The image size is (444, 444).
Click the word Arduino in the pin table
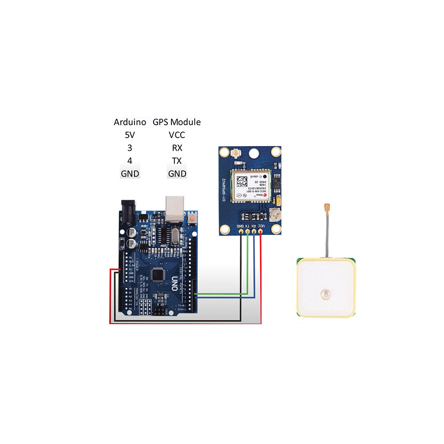point(130,122)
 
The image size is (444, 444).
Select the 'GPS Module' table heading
point(177,122)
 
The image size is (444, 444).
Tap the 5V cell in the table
point(130,135)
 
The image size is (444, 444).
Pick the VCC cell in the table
point(177,135)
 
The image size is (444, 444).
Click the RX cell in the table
point(177,147)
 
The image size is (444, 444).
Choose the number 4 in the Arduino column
point(130,160)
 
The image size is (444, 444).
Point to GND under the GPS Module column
point(177,174)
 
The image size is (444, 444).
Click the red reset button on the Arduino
point(193,218)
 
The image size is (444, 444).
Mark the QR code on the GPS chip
point(242,182)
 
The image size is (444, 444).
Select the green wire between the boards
point(222,293)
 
